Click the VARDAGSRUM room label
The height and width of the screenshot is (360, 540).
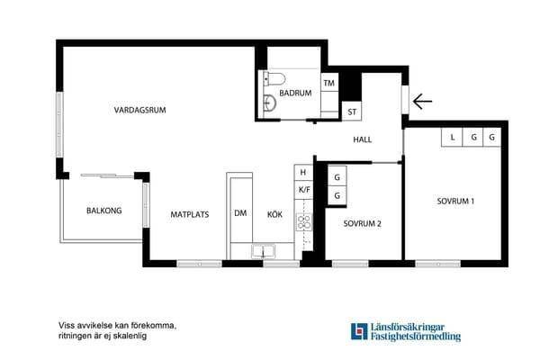click(x=139, y=110)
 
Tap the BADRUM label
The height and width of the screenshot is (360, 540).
click(x=295, y=93)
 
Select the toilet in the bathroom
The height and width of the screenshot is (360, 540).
click(x=274, y=79)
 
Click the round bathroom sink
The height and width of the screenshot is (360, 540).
click(x=270, y=103)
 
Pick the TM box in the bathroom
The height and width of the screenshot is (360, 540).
click(x=329, y=83)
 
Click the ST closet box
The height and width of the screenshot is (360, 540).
click(x=352, y=111)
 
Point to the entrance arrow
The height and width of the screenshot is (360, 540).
click(x=422, y=102)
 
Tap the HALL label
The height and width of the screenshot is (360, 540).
click(x=363, y=139)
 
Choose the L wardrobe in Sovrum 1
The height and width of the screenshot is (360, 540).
click(x=452, y=137)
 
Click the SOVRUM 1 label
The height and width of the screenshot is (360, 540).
click(x=455, y=202)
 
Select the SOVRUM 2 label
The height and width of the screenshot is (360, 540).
click(x=363, y=223)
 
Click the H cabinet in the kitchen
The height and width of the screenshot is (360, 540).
click(x=303, y=172)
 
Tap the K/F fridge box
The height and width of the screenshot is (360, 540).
click(x=304, y=190)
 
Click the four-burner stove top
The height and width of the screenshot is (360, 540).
click(x=304, y=222)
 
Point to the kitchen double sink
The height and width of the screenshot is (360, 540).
click(x=263, y=251)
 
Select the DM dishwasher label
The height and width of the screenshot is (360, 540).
click(x=240, y=213)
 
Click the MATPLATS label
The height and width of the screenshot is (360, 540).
click(x=190, y=214)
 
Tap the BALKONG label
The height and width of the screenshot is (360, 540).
click(x=104, y=211)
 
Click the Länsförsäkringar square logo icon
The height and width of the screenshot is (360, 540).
click(x=359, y=331)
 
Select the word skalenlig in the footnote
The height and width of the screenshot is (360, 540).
click(x=131, y=336)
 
